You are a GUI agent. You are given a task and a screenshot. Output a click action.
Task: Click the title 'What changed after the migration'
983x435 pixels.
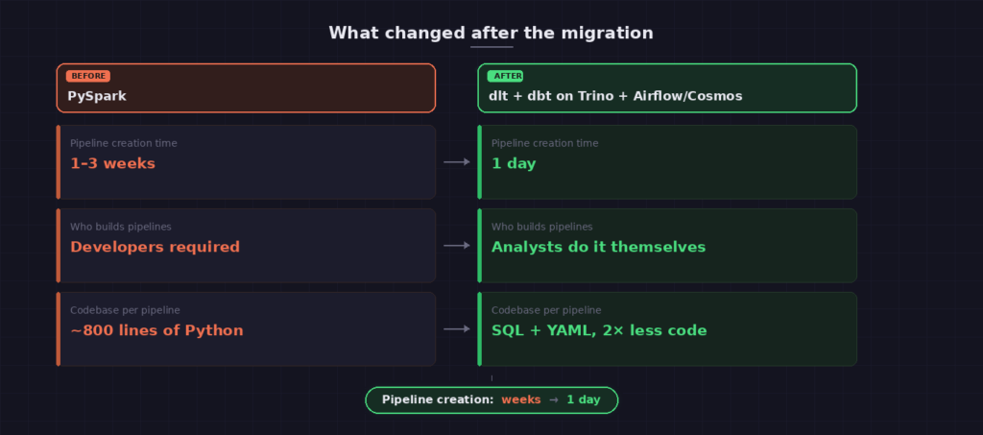491,33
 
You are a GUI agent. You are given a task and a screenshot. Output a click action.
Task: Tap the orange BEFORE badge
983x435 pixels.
88,77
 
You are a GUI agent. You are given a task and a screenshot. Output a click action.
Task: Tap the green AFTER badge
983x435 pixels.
505,77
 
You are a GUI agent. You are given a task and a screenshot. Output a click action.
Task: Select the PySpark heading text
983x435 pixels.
97,97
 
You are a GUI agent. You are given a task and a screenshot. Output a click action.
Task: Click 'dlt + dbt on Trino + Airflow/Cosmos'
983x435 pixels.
615,97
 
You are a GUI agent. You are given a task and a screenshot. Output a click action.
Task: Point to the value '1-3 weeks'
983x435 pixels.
113,163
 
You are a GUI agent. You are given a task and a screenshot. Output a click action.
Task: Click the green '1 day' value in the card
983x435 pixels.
515,164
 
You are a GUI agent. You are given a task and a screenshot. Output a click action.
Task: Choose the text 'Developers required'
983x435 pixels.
155,247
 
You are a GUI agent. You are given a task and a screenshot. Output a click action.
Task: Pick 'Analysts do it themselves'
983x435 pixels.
599,247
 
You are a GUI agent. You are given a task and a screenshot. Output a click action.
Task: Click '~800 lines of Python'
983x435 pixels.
156,330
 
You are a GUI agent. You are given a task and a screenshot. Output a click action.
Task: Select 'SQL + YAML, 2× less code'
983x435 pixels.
599,330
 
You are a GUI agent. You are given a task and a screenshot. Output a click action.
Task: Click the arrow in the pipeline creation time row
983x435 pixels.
457,162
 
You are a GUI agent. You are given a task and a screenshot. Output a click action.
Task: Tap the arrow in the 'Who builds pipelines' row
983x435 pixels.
457,246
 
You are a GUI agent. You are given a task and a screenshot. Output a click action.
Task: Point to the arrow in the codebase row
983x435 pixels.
457,329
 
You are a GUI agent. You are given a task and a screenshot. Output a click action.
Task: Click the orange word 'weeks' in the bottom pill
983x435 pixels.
521,399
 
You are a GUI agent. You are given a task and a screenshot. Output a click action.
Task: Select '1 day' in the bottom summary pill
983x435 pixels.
584,400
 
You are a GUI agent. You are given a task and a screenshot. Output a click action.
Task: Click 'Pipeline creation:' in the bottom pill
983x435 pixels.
438,399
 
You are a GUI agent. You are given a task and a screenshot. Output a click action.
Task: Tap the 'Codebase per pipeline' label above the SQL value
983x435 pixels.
546,310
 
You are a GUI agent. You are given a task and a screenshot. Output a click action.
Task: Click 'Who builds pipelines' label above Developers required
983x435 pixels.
120,227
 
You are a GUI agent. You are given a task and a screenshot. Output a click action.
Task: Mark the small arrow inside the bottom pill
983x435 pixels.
554,400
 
